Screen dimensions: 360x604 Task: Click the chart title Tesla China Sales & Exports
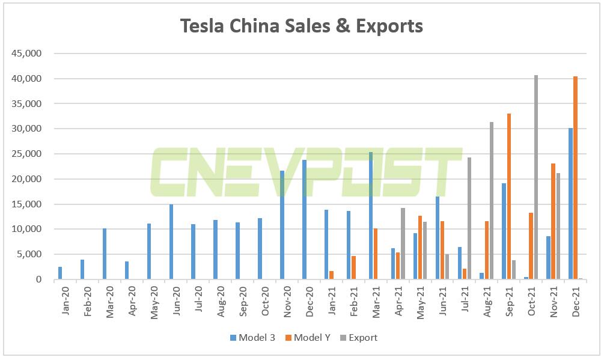302,26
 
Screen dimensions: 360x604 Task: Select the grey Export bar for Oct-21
536,177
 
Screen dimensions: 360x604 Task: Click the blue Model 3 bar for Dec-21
570,204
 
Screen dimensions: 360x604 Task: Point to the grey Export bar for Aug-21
492,201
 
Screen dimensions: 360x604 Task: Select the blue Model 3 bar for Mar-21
371,216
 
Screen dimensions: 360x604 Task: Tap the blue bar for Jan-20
60,273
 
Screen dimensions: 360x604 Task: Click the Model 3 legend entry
252,338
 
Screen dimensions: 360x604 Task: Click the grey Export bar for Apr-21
403,243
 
